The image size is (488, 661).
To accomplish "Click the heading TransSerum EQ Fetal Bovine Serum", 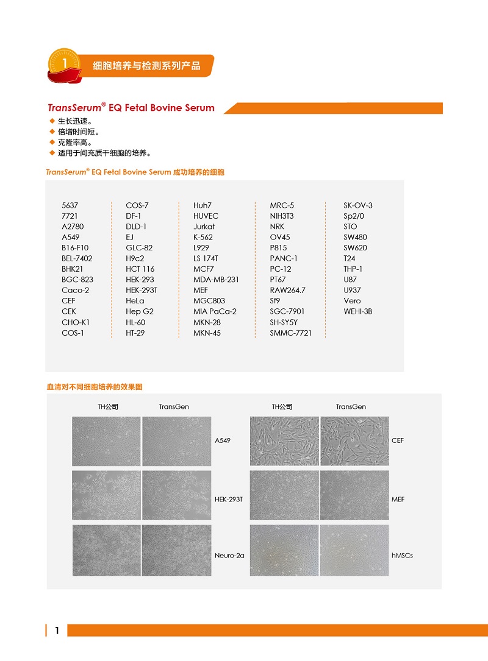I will [x=131, y=108].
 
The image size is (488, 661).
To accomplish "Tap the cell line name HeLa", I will [x=135, y=301].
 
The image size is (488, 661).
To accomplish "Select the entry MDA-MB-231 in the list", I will [x=216, y=280].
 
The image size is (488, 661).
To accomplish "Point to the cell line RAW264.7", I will [x=288, y=290].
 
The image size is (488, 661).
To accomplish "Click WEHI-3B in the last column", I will [x=357, y=311].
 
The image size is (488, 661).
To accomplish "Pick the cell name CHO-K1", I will [x=75, y=322].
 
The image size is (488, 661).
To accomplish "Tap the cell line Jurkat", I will [x=204, y=227].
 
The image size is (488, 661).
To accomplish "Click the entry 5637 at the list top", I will [x=70, y=205].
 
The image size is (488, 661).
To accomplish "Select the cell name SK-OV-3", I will [x=357, y=205].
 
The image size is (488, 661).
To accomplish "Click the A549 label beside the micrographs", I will [x=223, y=440].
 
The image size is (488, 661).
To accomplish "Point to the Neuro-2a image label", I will [x=229, y=556].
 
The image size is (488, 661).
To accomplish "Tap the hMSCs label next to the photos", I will [x=402, y=556].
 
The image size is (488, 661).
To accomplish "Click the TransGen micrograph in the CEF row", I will [x=354, y=441].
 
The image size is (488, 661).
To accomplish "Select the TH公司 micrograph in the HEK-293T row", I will [x=106, y=495].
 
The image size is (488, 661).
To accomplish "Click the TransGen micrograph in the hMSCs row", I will [x=354, y=550].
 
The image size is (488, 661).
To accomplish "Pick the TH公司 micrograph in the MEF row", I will [x=284, y=495].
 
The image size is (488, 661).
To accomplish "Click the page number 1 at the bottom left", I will [x=57, y=631].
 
